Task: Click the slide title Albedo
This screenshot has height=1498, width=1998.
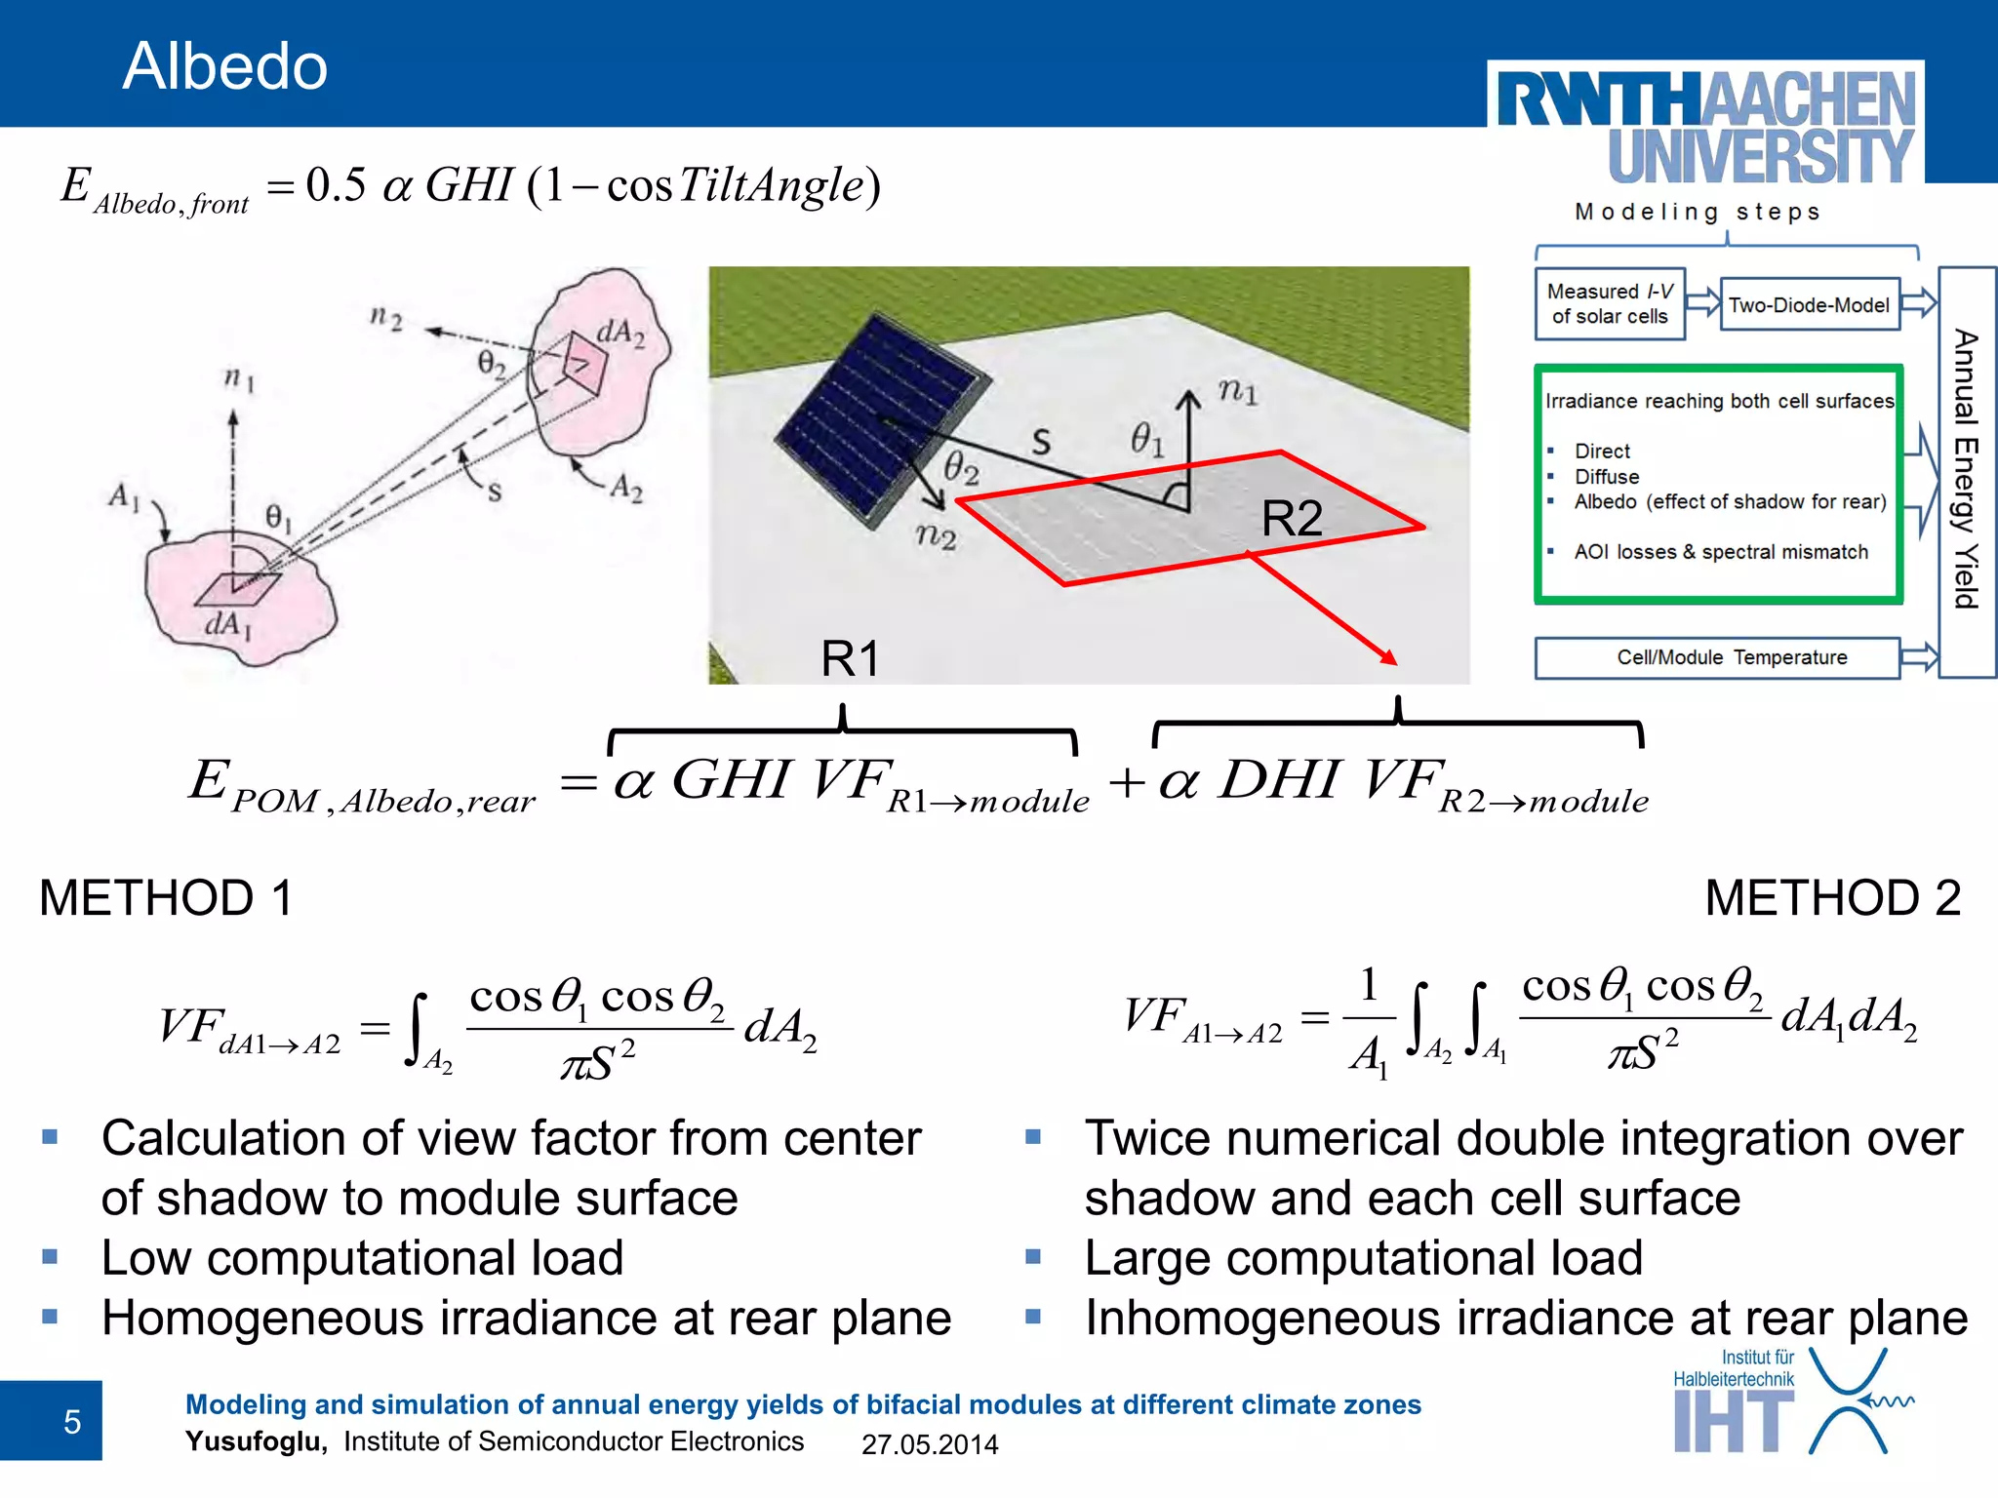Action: point(224,66)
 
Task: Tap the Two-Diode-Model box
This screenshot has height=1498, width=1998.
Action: point(1809,304)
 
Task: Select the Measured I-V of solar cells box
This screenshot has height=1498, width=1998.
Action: point(1610,303)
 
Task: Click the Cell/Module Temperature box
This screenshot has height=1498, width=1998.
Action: point(1717,657)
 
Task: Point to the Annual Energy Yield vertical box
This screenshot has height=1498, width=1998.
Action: point(1966,471)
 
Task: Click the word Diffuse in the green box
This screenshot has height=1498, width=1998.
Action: point(1607,477)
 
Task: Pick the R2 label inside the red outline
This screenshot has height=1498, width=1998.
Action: point(1292,518)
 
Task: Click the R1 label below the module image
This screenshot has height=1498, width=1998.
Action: point(850,658)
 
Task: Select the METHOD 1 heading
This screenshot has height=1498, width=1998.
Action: point(166,897)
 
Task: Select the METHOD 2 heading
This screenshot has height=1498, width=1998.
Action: point(1832,897)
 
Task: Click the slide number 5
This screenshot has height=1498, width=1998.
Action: point(71,1422)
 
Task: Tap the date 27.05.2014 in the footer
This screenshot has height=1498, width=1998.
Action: point(930,1444)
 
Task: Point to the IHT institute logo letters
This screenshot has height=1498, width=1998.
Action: point(1733,1422)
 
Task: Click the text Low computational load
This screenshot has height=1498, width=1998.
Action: point(362,1258)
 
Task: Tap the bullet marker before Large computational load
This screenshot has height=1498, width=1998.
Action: point(1034,1257)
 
